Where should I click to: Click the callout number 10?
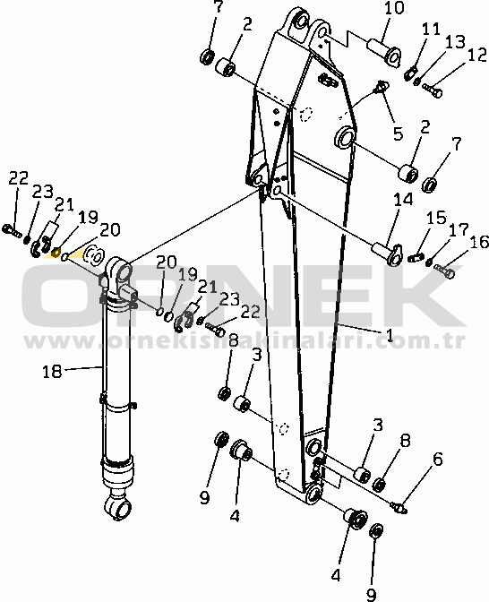(393, 8)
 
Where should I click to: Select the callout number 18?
(52, 371)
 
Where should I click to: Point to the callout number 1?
(390, 336)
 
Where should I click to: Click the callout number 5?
(398, 133)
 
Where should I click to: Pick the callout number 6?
(437, 460)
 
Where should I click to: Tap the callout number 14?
(403, 200)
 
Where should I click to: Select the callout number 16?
(479, 242)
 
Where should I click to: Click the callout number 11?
(431, 30)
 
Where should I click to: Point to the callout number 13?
(455, 42)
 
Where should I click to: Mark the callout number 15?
(437, 218)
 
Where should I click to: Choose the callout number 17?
(459, 229)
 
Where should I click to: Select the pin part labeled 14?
(387, 253)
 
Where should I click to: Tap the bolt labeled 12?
(433, 89)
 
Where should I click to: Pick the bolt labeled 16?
(444, 271)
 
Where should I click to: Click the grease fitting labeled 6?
(399, 507)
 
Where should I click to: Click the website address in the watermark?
(244, 340)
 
